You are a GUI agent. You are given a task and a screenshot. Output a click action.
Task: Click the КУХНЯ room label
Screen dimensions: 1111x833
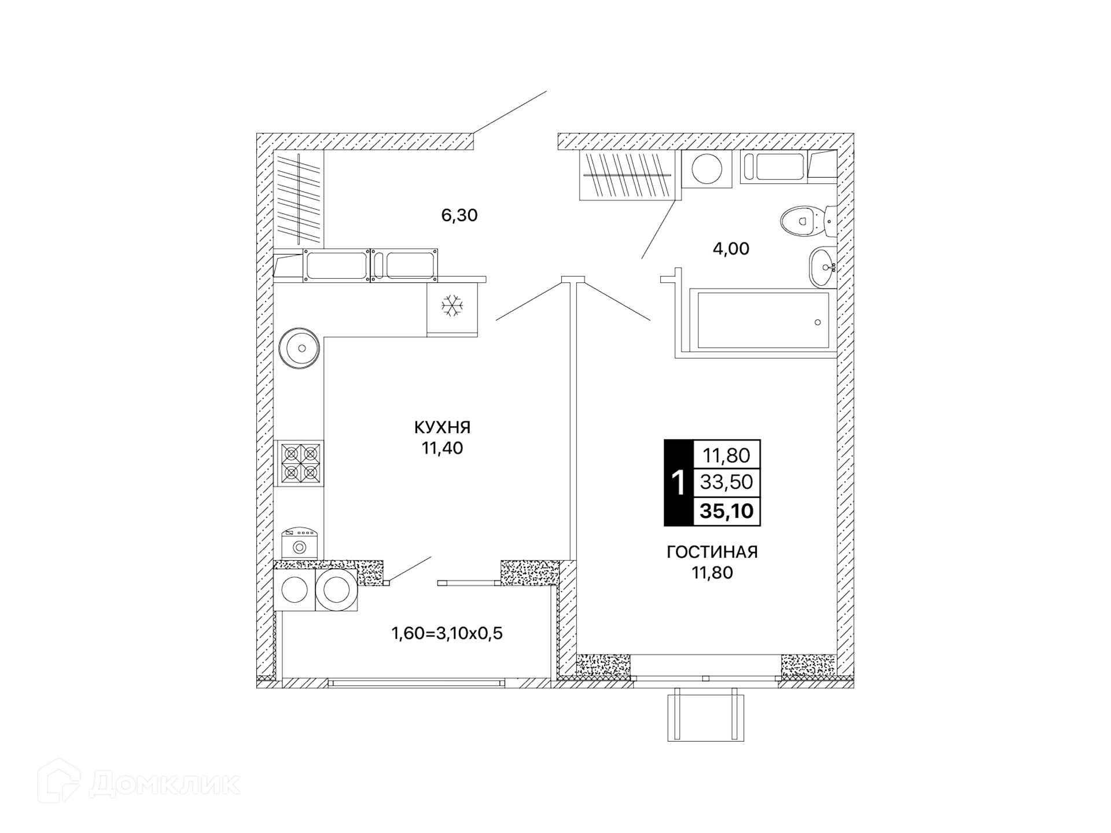(x=442, y=427)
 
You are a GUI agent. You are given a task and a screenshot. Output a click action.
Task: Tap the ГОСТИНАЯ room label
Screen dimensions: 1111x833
(x=712, y=552)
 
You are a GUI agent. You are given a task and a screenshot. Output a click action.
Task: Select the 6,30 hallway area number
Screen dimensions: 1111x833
(x=459, y=215)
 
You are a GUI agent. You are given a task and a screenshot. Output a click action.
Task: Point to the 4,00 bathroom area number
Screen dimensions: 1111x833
(x=731, y=249)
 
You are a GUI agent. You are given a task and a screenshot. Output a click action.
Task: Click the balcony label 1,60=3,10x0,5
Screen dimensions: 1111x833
(x=447, y=633)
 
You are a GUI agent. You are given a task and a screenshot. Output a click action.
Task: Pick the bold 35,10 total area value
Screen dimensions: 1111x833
(x=727, y=511)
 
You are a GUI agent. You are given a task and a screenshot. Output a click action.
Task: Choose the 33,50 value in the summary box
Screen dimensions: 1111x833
(x=726, y=481)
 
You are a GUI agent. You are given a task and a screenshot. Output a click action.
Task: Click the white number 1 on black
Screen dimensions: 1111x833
(x=678, y=482)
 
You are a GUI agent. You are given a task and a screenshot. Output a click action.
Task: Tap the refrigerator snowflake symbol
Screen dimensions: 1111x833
(x=452, y=305)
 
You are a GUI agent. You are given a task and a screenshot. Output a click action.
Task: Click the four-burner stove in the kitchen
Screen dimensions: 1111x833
(x=299, y=463)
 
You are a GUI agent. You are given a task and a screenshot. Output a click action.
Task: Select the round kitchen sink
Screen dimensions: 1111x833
(x=299, y=348)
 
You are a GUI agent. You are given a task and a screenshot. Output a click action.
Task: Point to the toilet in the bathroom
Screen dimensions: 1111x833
(x=808, y=220)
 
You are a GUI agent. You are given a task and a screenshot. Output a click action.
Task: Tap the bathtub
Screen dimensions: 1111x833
(x=763, y=320)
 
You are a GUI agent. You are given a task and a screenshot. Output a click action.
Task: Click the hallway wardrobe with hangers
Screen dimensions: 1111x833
(x=299, y=198)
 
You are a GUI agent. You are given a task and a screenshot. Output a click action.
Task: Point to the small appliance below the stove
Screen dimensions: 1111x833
(x=299, y=543)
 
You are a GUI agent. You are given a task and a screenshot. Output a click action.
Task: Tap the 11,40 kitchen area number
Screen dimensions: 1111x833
(x=442, y=448)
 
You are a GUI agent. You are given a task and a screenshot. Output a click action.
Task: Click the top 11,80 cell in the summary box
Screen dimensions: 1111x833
(x=726, y=455)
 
